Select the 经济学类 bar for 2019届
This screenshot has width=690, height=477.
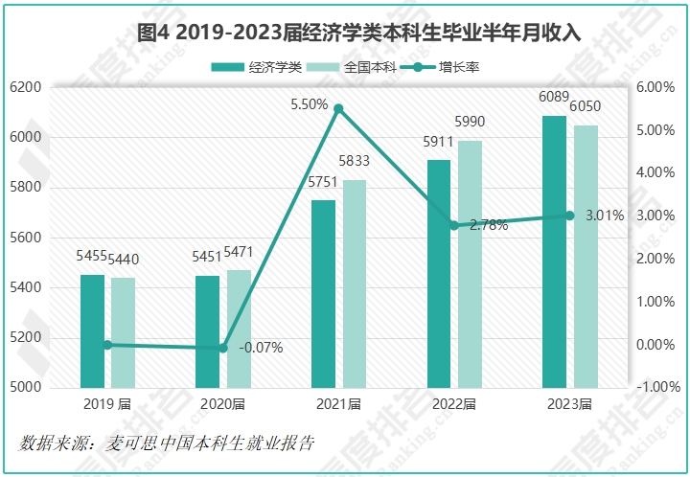(93, 331)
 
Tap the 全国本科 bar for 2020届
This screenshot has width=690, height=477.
(239, 329)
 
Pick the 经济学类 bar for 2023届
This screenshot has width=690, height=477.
(555, 252)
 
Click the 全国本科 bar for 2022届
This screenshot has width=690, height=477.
(470, 264)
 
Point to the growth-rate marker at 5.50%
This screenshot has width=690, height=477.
(338, 108)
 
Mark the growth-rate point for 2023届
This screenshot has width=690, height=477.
(569, 216)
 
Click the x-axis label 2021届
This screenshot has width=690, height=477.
(338, 404)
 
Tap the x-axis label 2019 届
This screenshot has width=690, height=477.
(107, 404)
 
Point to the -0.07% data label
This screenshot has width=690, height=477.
(260, 348)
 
